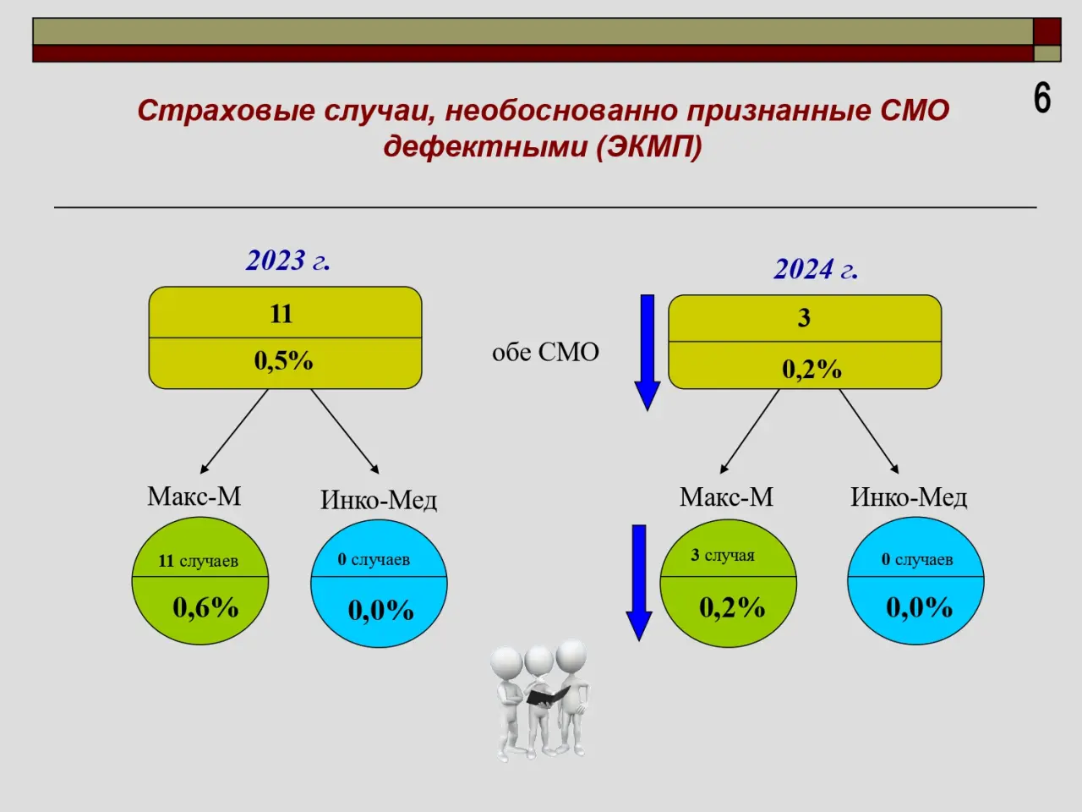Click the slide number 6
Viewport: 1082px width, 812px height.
(1042, 99)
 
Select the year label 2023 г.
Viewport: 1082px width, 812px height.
(288, 260)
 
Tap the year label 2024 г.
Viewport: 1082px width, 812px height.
(816, 269)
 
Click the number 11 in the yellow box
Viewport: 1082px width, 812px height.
(281, 314)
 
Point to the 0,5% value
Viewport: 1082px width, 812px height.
(283, 360)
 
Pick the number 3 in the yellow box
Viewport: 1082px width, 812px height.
(804, 317)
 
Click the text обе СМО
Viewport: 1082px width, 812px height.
(545, 352)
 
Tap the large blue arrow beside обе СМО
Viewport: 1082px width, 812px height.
(648, 353)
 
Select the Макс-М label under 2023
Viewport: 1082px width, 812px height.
(194, 496)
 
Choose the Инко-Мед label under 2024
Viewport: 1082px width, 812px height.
(909, 497)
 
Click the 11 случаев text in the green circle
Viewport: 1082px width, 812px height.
(198, 561)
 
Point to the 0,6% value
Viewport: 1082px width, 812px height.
(205, 607)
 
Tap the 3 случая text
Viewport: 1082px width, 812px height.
(723, 555)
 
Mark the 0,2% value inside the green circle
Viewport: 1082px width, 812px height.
(732, 607)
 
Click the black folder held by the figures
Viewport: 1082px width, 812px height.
(548, 694)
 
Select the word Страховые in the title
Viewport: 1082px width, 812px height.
(226, 111)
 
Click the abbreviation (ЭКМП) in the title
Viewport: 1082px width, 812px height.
(648, 146)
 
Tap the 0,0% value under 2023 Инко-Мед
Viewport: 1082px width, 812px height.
(380, 610)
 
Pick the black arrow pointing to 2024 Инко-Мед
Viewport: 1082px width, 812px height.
(869, 431)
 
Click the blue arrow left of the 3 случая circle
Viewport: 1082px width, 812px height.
(639, 584)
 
